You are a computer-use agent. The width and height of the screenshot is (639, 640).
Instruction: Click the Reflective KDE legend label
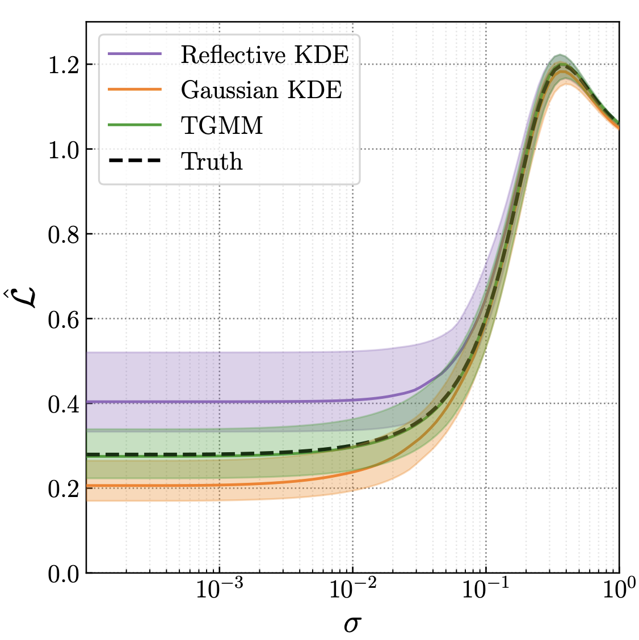(264, 54)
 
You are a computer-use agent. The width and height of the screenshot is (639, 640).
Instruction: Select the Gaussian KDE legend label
(262, 90)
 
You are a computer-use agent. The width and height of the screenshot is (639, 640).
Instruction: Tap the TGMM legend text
(222, 125)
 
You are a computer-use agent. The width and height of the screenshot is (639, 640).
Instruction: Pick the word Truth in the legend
(212, 162)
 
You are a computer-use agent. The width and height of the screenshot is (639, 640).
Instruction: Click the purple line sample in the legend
(134, 54)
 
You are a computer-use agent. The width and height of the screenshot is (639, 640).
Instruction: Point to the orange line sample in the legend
(134, 90)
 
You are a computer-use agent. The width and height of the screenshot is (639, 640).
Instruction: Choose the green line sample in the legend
(134, 125)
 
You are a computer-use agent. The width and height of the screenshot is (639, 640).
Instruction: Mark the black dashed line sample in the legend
(134, 161)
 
